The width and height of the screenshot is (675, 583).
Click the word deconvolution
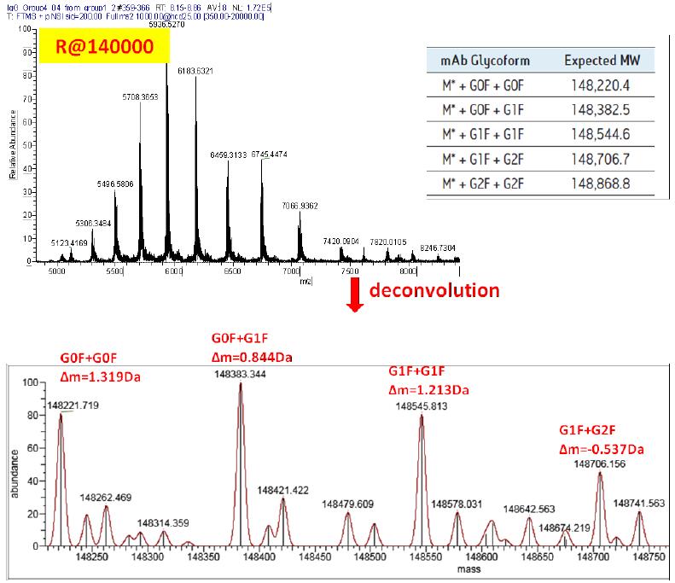pos(434,290)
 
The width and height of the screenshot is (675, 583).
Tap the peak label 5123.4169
pos(69,243)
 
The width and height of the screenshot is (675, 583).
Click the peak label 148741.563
pos(638,504)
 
